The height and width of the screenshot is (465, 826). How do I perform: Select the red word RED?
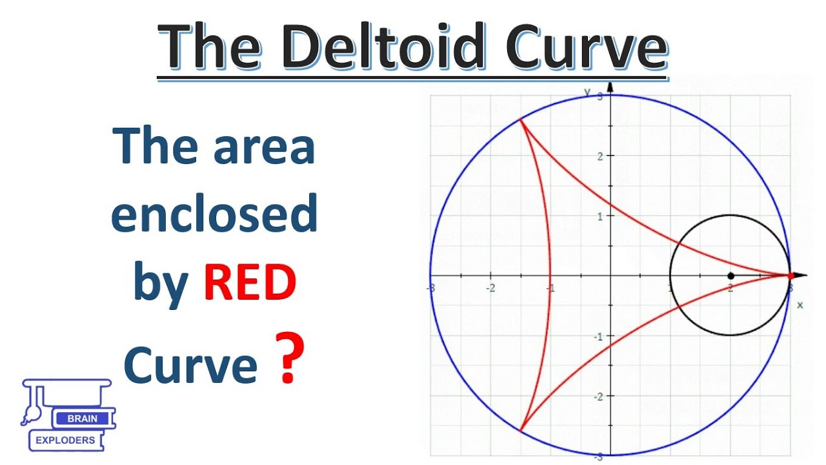[250, 284]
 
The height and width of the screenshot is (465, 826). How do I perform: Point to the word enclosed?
[214, 215]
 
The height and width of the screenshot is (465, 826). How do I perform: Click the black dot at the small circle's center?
[730, 275]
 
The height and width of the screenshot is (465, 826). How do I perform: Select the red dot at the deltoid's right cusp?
[791, 276]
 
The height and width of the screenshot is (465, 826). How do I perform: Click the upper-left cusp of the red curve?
[520, 120]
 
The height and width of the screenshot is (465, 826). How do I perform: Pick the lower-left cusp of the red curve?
[520, 431]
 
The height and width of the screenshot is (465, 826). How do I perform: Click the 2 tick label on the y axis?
[599, 156]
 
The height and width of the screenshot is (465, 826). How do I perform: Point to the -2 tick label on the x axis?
[491, 288]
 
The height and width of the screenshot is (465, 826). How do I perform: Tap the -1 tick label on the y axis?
[598, 336]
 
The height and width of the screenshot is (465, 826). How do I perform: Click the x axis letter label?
[800, 304]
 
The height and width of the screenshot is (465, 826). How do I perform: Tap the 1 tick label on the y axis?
[599, 216]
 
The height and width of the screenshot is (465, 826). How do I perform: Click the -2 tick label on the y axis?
[598, 397]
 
